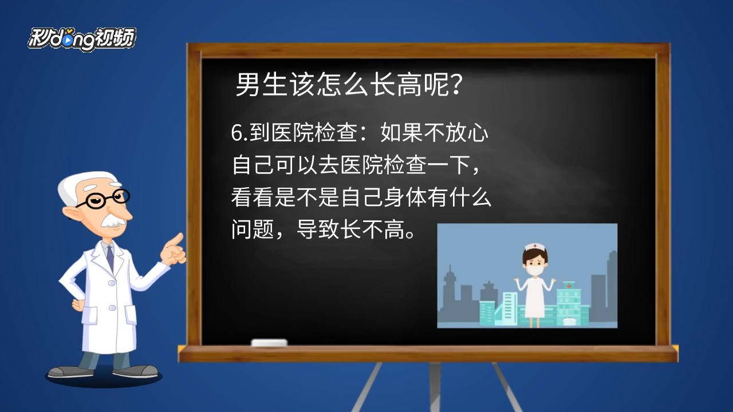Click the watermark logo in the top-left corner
coord(82,39)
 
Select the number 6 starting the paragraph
coord(237,133)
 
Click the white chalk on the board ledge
coord(269,343)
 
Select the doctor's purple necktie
coord(111,257)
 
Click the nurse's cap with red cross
coord(535,246)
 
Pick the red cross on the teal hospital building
coord(569,286)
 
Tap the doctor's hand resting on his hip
coord(78,306)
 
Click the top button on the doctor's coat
coord(112,283)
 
